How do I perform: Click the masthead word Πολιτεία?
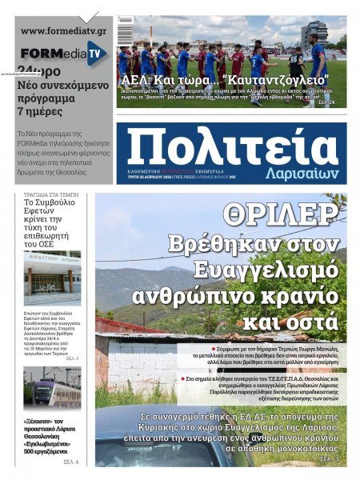[x=232, y=148]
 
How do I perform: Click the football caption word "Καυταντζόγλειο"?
[x=277, y=81]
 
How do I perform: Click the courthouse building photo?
[x=52, y=277]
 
